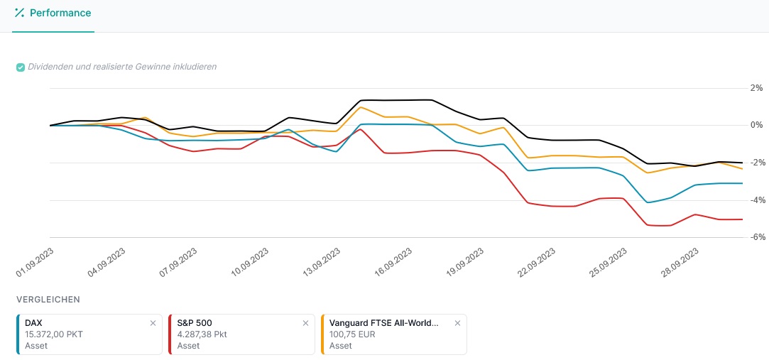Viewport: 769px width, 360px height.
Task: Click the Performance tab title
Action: (x=60, y=13)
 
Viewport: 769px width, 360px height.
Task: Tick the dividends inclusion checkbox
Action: (x=21, y=67)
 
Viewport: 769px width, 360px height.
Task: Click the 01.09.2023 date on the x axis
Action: (x=36, y=262)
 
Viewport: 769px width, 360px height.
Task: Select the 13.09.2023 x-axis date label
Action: (x=322, y=262)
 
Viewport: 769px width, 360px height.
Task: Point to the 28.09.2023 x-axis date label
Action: (x=680, y=262)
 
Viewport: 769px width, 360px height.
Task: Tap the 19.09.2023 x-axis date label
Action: (x=466, y=262)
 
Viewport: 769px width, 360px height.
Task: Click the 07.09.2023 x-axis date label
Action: (x=179, y=262)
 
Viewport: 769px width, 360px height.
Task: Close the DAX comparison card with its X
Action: (x=153, y=323)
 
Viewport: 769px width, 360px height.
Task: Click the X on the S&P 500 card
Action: (x=305, y=323)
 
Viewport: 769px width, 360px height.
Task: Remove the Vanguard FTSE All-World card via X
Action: (x=458, y=323)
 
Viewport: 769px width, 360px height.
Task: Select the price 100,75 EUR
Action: (x=351, y=334)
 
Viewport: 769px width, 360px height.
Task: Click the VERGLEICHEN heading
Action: (x=48, y=300)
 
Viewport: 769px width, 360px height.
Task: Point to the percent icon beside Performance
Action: (x=19, y=13)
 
